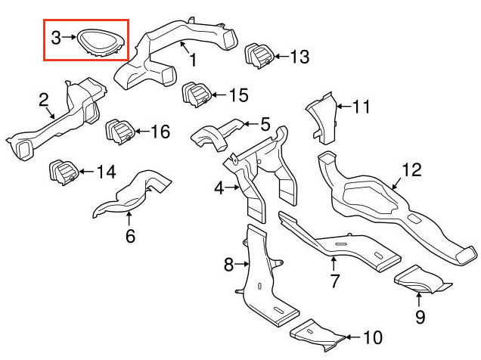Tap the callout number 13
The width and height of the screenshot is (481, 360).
(299, 57)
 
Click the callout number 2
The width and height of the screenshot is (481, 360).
(44, 99)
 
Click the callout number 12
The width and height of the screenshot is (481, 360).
(410, 170)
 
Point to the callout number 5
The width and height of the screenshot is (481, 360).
(265, 123)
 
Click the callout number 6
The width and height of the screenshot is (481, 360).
(130, 237)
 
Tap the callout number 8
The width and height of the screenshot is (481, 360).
(228, 264)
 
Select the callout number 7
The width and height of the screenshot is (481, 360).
(334, 283)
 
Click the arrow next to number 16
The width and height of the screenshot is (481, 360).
(142, 132)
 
